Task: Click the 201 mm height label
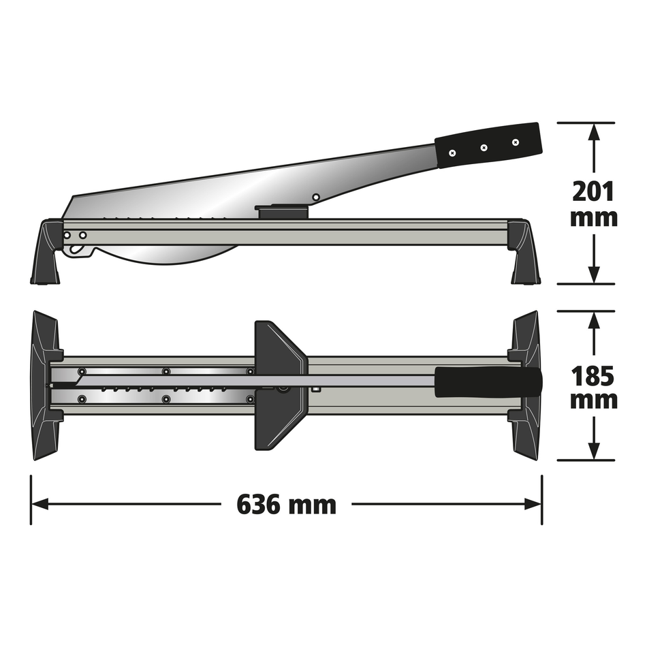tap(595, 204)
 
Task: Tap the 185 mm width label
tap(595, 388)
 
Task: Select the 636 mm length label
tap(286, 505)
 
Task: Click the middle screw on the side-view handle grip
tap(484, 147)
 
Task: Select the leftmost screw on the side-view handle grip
tap(452, 153)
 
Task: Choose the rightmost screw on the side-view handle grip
tap(515, 142)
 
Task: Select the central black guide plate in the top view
tap(279, 385)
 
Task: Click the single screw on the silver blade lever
tap(316, 198)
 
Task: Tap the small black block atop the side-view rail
tap(282, 213)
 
